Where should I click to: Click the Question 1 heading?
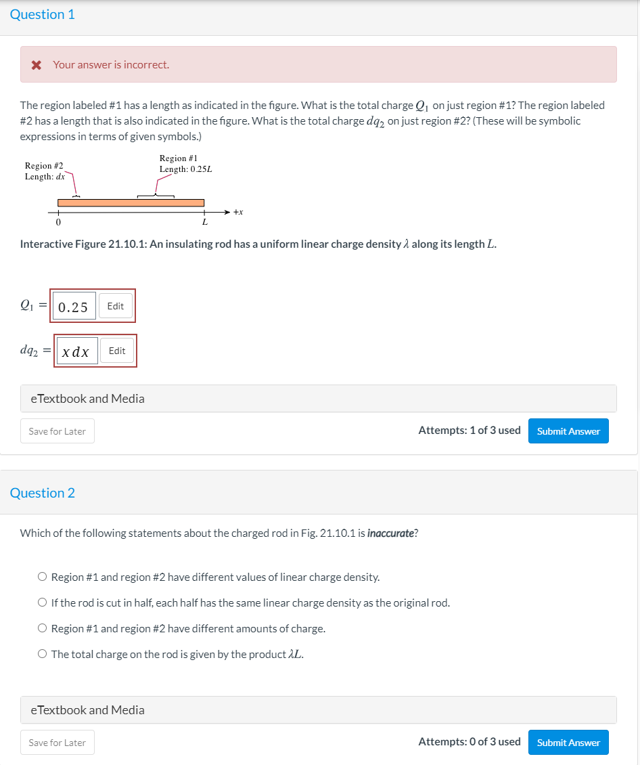pyautogui.click(x=42, y=15)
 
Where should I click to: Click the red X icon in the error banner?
pyautogui.click(x=37, y=65)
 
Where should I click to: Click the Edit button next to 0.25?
pyautogui.click(x=116, y=306)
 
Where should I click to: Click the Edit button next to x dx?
pyautogui.click(x=117, y=351)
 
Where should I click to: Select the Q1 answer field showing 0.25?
pyautogui.click(x=73, y=307)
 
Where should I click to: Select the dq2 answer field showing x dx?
pyautogui.click(x=76, y=351)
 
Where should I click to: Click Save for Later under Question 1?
pyautogui.click(x=58, y=431)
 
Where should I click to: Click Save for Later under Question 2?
pyautogui.click(x=58, y=743)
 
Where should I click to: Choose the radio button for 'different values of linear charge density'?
pyautogui.click(x=43, y=577)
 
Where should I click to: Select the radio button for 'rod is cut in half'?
pyautogui.click(x=43, y=603)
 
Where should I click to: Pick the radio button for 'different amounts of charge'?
pyautogui.click(x=43, y=629)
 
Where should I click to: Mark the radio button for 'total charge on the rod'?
pyautogui.click(x=43, y=655)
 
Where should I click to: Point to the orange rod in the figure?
pyautogui.click(x=131, y=202)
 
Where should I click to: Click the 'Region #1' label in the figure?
pyautogui.click(x=178, y=158)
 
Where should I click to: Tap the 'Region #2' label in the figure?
pyautogui.click(x=44, y=166)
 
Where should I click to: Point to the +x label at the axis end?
pyautogui.click(x=237, y=212)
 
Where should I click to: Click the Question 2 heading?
pyautogui.click(x=43, y=493)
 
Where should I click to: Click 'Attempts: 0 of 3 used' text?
pyautogui.click(x=469, y=742)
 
